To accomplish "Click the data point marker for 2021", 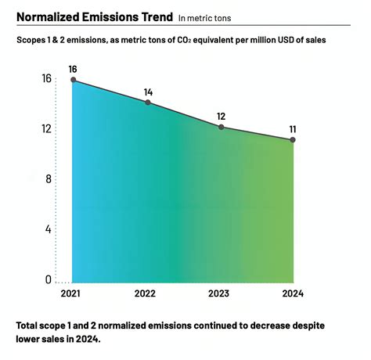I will click(x=73, y=81).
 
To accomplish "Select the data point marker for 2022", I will click(x=148, y=103).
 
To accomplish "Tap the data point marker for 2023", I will click(x=222, y=127).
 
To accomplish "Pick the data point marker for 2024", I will click(x=293, y=140).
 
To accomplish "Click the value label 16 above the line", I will click(x=73, y=70).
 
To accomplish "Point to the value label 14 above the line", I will click(x=148, y=92).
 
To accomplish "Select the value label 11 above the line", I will click(x=293, y=129).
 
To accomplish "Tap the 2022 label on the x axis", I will click(x=145, y=293).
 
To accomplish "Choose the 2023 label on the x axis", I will click(x=218, y=293).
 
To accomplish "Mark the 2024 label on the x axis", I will click(x=293, y=293).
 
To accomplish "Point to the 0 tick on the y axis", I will click(x=48, y=279).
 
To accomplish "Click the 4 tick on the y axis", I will click(x=48, y=229).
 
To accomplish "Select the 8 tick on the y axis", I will click(x=48, y=179).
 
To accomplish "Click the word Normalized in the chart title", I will click(x=49, y=16).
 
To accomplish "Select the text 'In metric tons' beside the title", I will click(x=206, y=17).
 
